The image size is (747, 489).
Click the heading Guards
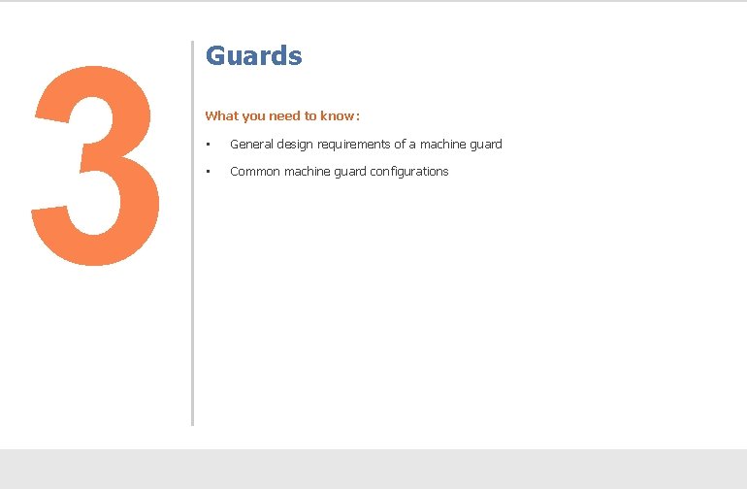pyautogui.click(x=253, y=56)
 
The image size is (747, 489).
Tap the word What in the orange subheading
pyautogui.click(x=221, y=116)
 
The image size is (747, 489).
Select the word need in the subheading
pyautogui.click(x=285, y=116)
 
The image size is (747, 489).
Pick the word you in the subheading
pyautogui.click(x=253, y=116)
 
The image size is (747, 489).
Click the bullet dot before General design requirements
pyautogui.click(x=208, y=145)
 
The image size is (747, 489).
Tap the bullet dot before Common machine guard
pyautogui.click(x=208, y=172)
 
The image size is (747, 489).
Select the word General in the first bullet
pyautogui.click(x=251, y=145)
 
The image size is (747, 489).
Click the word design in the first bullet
pyautogui.click(x=296, y=145)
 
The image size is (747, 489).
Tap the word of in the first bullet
pyautogui.click(x=401, y=145)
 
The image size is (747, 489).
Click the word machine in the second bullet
pyautogui.click(x=308, y=172)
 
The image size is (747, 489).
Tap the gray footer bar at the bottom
pyautogui.click(x=373, y=469)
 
